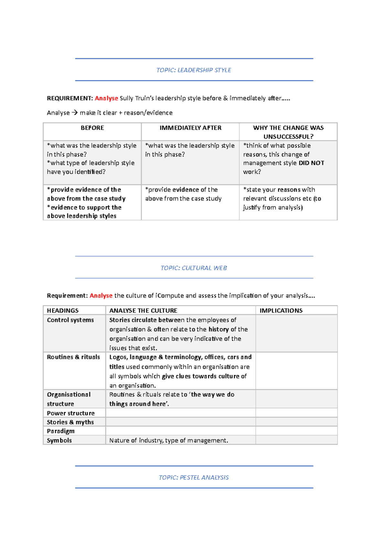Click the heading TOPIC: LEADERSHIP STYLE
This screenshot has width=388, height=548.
tap(194, 70)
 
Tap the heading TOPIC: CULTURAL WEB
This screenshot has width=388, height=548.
tap(194, 268)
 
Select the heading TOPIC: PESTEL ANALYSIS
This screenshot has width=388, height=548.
tap(194, 477)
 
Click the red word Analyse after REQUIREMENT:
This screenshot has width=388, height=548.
tap(106, 98)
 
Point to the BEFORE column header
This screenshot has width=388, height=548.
tap(92, 128)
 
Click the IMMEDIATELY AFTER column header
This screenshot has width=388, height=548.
tap(190, 128)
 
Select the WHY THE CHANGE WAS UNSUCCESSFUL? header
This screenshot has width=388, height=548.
tap(288, 132)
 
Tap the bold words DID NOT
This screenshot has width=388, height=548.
tap(311, 163)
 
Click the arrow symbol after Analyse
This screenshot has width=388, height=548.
tap(75, 113)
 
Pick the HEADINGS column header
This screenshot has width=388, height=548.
tap(63, 310)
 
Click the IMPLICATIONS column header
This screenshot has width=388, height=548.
tap(281, 310)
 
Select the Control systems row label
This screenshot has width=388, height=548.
tap(70, 320)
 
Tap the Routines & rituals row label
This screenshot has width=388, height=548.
tap(73, 357)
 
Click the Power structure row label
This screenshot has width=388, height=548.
tap(71, 413)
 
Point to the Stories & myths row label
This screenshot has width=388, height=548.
tap(70, 422)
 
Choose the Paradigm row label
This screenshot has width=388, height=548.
tap(61, 431)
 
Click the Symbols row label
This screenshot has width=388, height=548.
tap(59, 440)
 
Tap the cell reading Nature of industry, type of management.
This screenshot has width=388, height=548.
tap(168, 440)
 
